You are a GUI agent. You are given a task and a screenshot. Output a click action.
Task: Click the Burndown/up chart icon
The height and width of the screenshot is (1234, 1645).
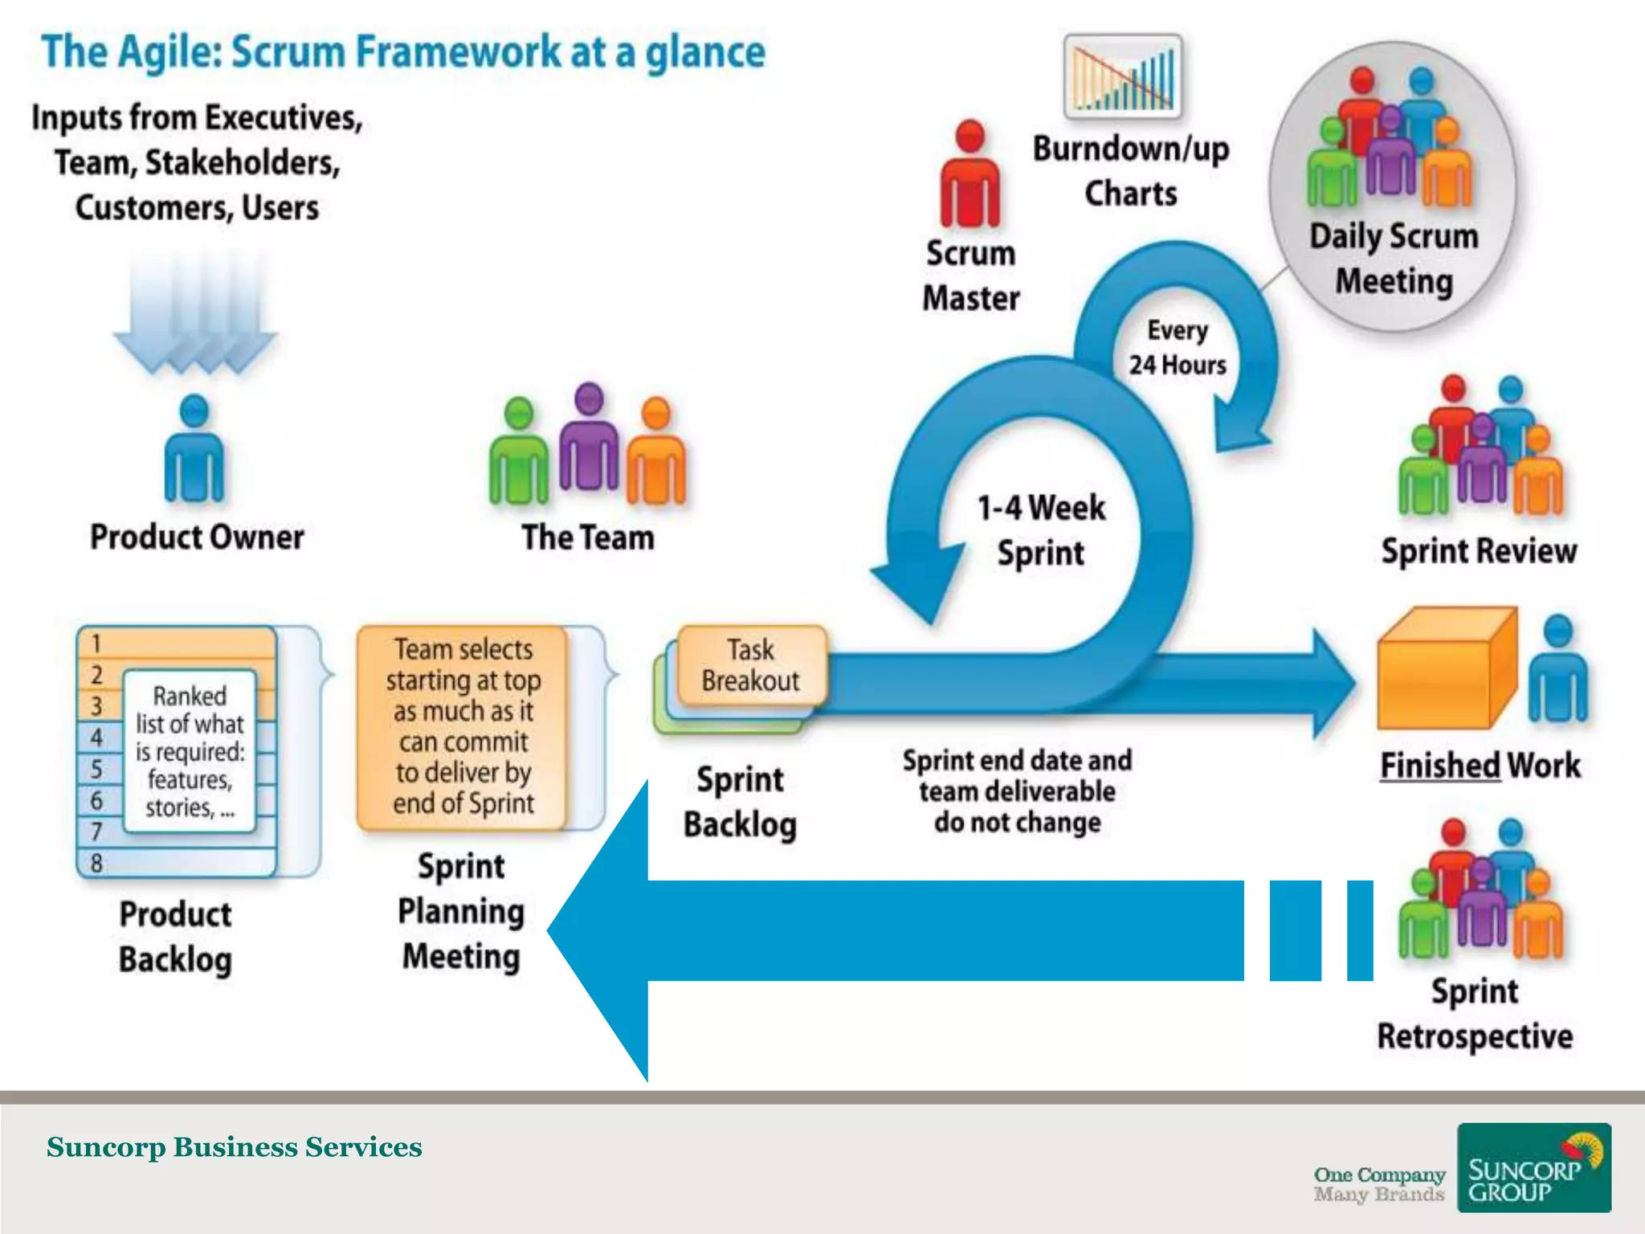(x=1122, y=77)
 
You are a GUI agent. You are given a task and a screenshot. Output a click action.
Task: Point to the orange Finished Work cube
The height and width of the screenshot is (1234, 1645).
(x=1446, y=671)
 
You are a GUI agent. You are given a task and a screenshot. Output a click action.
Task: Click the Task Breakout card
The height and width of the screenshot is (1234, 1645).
(x=751, y=665)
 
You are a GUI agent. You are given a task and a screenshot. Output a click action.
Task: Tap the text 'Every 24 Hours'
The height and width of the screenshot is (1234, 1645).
(x=1178, y=348)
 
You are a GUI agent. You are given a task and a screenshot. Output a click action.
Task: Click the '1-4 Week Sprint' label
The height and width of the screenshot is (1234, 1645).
(x=1041, y=530)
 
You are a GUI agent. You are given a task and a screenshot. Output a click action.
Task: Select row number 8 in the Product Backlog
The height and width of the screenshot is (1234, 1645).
(x=177, y=863)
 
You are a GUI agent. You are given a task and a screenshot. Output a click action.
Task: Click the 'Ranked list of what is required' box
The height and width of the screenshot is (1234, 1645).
(x=190, y=751)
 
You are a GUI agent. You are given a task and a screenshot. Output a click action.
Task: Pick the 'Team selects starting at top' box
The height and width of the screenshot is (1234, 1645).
(x=463, y=726)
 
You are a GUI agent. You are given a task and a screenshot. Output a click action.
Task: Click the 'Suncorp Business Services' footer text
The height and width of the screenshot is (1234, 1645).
(x=234, y=1147)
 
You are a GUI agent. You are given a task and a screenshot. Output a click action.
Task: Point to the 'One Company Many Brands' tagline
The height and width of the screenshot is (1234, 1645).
(x=1379, y=1184)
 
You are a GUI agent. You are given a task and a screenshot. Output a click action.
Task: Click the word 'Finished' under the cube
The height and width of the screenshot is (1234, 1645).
(x=1439, y=766)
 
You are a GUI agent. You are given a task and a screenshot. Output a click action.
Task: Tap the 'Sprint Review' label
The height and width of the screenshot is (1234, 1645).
(x=1479, y=551)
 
